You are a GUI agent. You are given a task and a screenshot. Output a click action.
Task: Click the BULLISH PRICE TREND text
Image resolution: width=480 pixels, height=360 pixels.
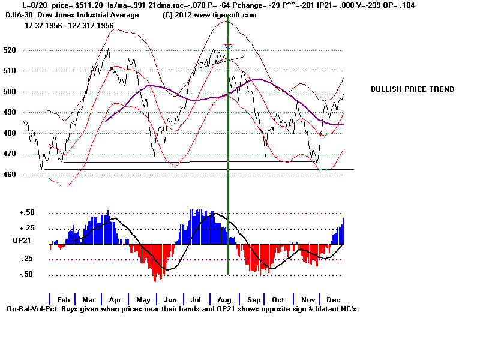tap(412, 89)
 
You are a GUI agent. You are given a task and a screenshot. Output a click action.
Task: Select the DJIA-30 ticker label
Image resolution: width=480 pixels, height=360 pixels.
tap(20, 15)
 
